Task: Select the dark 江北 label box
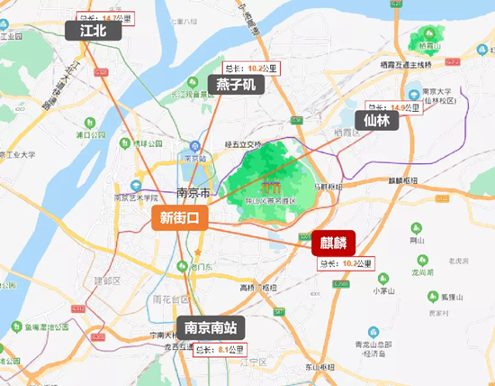[x=93, y=32]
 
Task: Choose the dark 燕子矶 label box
[x=236, y=85]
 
